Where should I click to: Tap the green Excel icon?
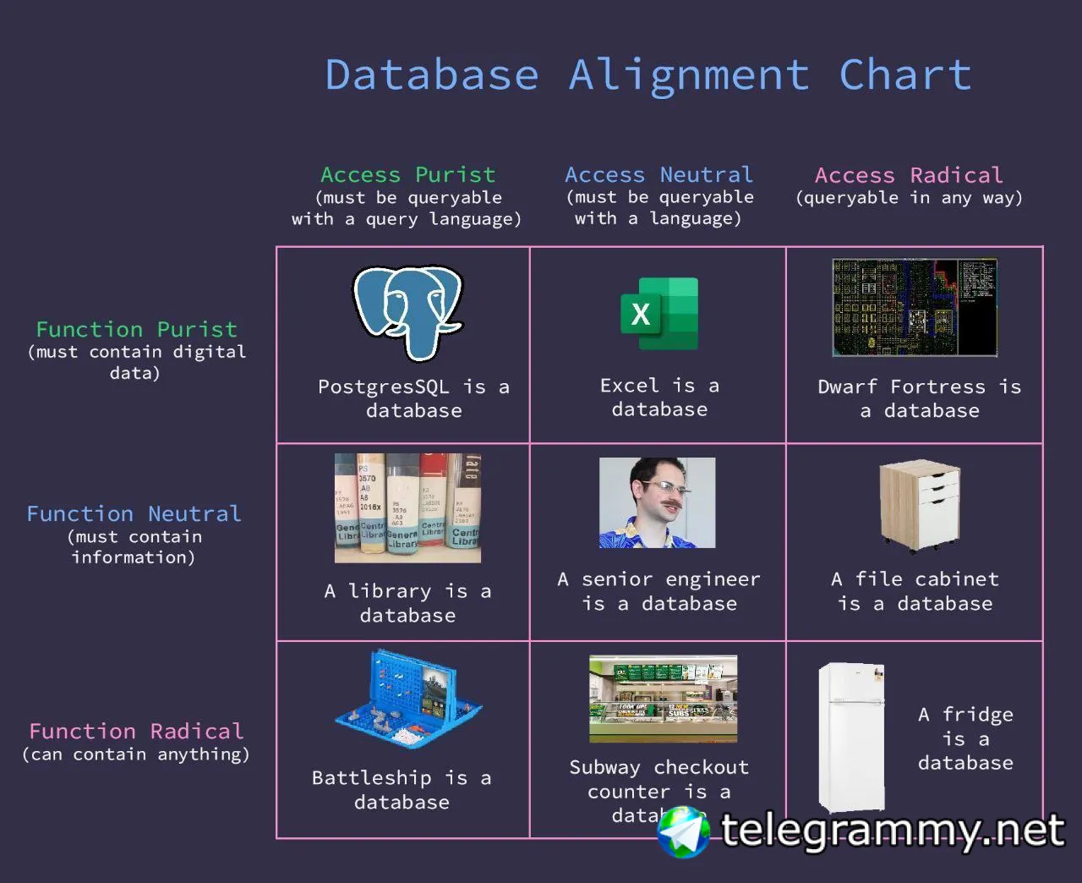[659, 314]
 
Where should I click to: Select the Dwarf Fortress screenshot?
[915, 307]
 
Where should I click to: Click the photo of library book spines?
[407, 508]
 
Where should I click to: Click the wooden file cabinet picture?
[919, 505]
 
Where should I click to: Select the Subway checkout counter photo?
[663, 699]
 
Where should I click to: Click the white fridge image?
[852, 736]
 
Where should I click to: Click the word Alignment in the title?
[688, 74]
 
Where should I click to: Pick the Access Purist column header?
[407, 175]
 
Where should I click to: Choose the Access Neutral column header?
[658, 175]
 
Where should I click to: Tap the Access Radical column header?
[909, 175]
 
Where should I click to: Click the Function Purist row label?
[136, 329]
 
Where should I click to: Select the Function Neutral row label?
[134, 513]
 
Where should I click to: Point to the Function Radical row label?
[136, 731]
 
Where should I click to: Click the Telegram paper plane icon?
[683, 831]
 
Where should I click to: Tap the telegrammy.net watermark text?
[892, 831]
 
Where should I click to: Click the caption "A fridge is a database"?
[965, 738]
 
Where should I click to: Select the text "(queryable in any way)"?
[909, 198]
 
